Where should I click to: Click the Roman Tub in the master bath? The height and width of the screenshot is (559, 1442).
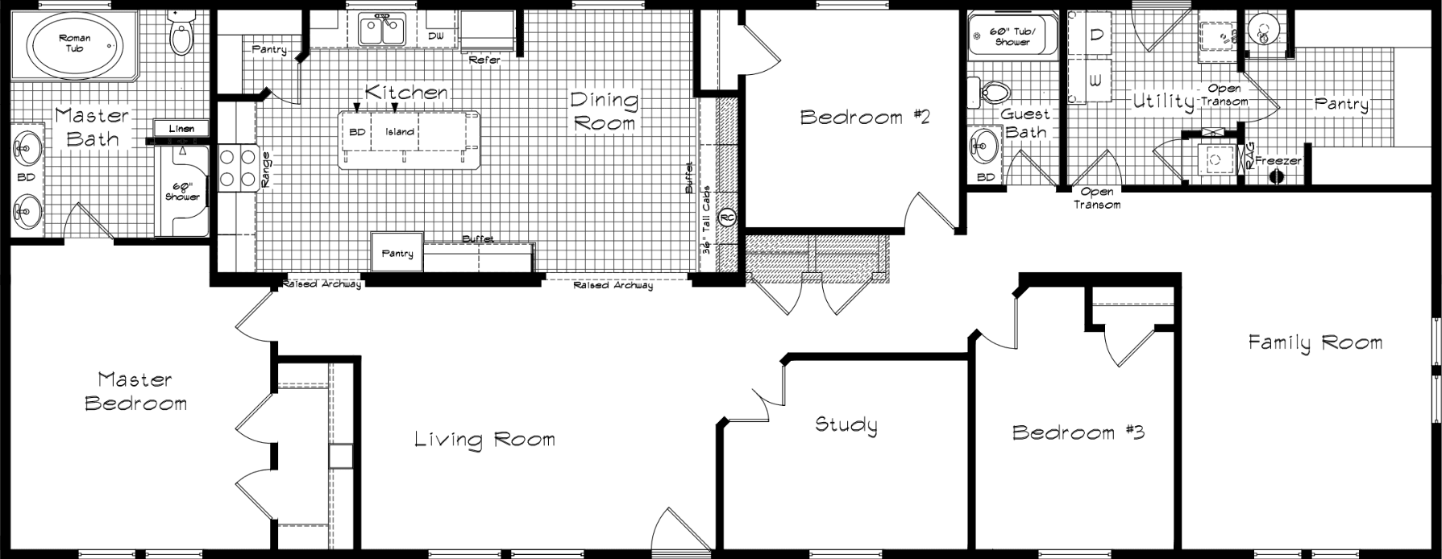74,44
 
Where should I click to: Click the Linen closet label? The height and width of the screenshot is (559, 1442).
181,128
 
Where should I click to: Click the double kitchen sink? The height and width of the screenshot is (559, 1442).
382,31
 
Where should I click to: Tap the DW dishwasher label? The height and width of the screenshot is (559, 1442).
436,36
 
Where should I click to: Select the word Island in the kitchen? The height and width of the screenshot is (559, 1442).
400,132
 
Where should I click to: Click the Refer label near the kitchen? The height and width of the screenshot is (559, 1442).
484,60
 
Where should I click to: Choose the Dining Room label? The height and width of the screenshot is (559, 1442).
604,111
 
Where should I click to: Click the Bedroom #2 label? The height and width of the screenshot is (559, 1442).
865,118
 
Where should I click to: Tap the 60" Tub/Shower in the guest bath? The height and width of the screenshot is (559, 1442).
1012,36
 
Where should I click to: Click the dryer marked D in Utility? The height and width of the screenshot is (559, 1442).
1096,35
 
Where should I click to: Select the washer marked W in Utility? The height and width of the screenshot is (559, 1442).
1095,81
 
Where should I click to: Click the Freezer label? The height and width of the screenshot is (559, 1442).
1278,161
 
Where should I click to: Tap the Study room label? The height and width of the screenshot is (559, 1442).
846,424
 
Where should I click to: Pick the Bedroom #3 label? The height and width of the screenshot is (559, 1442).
1078,433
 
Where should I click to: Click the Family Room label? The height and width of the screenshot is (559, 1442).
1315,342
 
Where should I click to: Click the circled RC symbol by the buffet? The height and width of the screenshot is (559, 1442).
726,217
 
